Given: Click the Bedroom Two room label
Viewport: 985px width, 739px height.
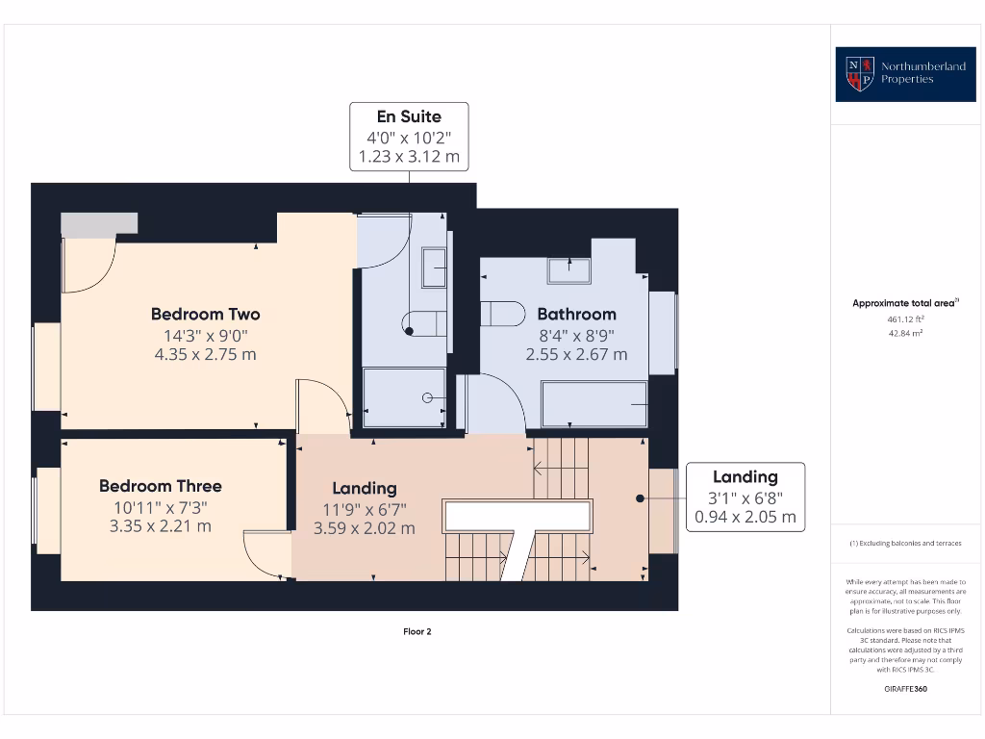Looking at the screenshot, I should (205, 314).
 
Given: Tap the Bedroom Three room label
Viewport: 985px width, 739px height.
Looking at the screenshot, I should (160, 486).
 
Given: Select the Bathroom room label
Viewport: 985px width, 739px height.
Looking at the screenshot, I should (576, 314).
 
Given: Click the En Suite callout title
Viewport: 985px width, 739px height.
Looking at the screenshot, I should (409, 116).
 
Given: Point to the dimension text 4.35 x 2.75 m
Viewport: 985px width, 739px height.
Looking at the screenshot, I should (205, 354).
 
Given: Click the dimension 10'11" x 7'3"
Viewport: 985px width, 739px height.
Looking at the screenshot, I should (160, 507).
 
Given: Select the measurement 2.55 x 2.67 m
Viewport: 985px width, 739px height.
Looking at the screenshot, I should (576, 354).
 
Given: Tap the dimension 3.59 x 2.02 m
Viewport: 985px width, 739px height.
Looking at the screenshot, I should (365, 528).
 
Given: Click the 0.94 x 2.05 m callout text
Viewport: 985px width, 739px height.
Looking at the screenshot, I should (745, 517).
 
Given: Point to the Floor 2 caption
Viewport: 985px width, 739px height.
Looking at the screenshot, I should (417, 632).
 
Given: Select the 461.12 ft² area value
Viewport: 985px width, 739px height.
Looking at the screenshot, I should (905, 319).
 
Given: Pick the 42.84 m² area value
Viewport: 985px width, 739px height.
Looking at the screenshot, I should (905, 333).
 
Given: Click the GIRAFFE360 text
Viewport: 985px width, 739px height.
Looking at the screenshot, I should (905, 689).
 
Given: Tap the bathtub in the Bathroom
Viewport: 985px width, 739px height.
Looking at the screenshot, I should (594, 404).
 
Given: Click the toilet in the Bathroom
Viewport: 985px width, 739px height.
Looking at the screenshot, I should (502, 315).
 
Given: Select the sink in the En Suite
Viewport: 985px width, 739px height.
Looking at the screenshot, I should (434, 267).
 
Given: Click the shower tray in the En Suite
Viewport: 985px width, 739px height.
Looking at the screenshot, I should (404, 397).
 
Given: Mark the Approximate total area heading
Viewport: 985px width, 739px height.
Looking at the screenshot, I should (904, 303).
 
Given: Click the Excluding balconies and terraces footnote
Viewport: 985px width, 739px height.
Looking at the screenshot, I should (905, 544).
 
